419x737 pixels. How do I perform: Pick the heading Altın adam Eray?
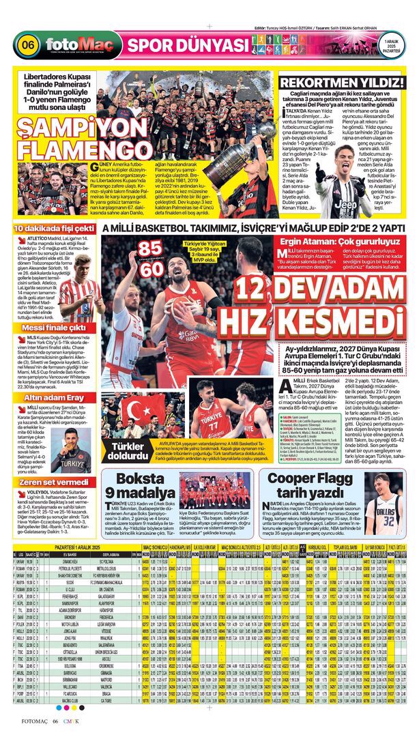(53, 398)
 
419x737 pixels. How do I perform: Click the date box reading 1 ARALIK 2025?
(391, 46)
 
